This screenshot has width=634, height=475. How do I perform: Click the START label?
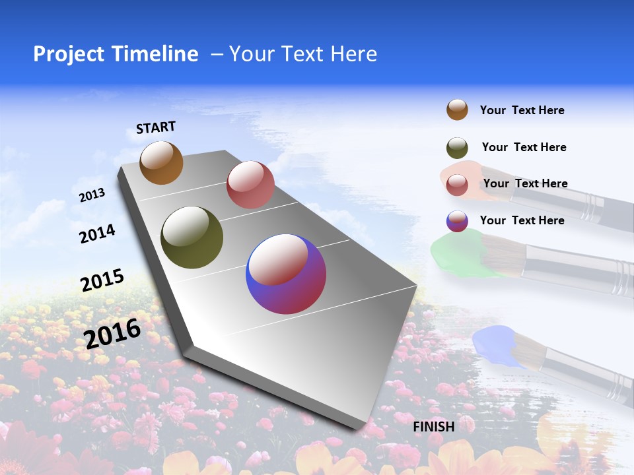point(156,127)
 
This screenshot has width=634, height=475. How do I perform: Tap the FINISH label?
point(433,427)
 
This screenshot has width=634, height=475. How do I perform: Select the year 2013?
point(92,195)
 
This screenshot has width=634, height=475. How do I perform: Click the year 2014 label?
point(97,234)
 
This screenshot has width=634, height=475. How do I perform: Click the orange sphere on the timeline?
point(161,162)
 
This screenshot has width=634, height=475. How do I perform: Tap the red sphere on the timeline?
point(250,185)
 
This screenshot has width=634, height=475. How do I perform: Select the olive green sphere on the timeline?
point(192,237)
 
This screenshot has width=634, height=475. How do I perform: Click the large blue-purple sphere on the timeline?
point(286,274)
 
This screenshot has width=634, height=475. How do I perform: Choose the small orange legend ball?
point(457,110)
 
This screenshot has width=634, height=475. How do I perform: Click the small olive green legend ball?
point(457,148)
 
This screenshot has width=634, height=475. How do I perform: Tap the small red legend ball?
point(457,184)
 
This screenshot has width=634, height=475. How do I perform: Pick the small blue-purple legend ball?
point(457,221)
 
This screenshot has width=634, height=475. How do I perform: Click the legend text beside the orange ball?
point(522,110)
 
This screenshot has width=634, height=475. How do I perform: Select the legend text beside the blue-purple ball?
point(522,220)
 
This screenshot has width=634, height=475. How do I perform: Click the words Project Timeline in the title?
point(116,54)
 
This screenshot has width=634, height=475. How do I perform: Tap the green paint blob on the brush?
point(456,254)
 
